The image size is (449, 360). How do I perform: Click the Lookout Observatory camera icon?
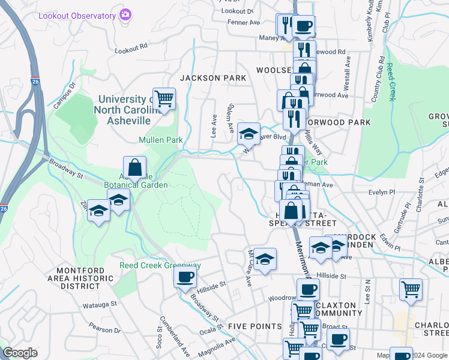coord(125,14)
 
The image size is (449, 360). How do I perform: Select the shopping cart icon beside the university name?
coord(163,98)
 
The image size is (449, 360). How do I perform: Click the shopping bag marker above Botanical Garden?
coord(135,167)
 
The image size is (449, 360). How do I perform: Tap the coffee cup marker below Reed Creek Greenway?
coord(185,277)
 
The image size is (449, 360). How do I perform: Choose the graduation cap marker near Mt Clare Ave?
coord(264,259)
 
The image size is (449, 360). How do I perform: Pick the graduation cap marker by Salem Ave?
coord(249,134)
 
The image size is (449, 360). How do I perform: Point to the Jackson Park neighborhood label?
coord(213,78)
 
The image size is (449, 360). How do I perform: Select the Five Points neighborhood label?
coord(255,326)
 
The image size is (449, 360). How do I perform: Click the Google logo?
coord(20,353)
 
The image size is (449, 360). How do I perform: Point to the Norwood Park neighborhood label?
coord(342,122)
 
